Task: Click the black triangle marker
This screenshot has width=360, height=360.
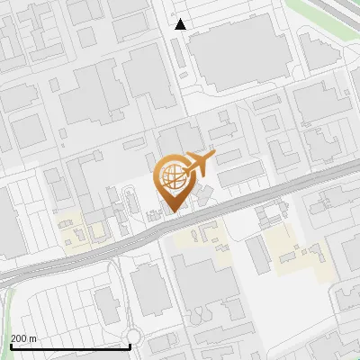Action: point(181,24)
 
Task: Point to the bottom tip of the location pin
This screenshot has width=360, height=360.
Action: point(171,212)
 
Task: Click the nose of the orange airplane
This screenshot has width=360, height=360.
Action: point(213,157)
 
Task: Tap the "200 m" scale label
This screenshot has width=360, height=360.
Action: point(23,338)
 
